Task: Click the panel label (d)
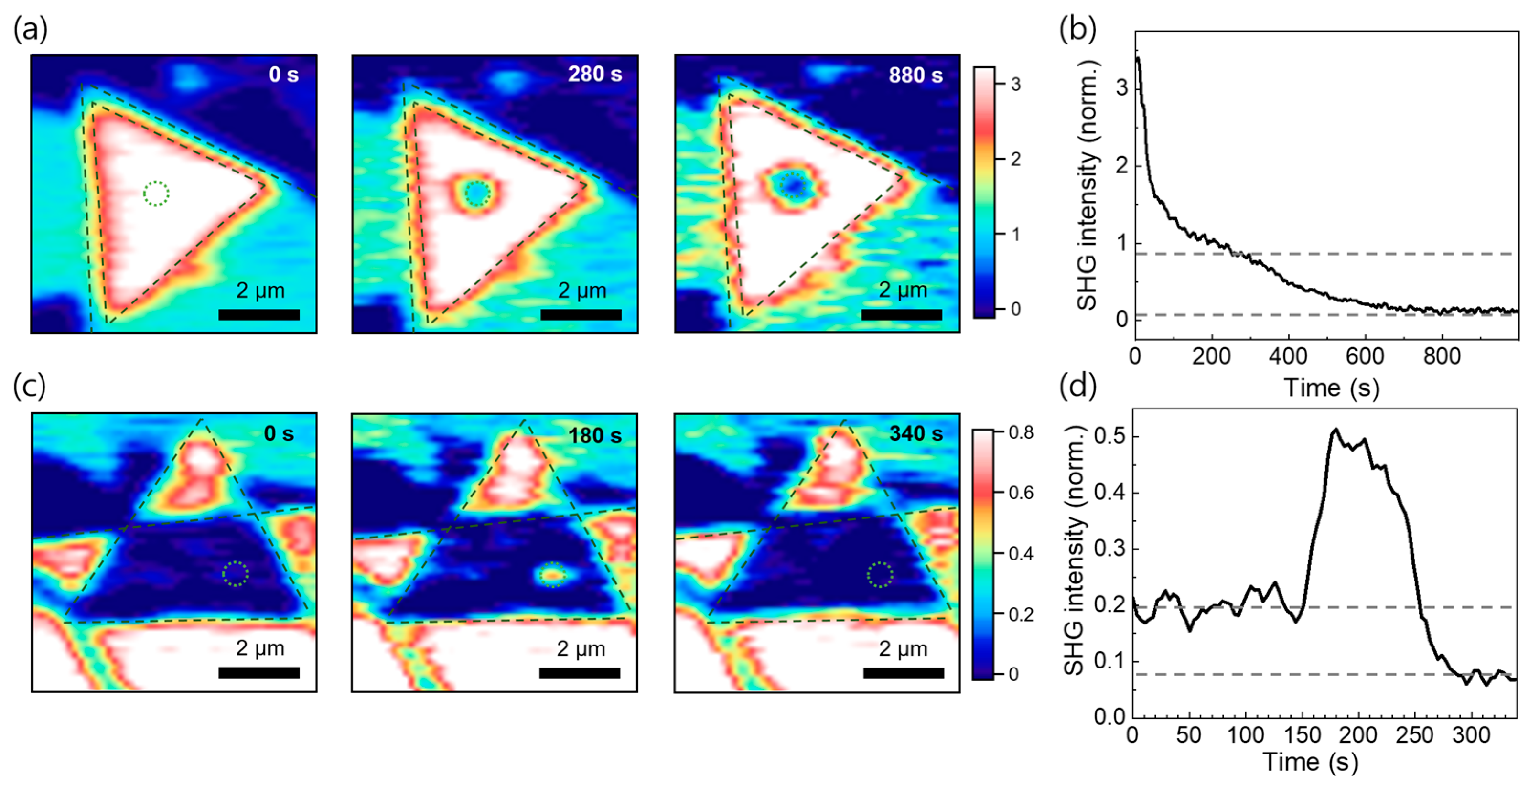coord(1078,387)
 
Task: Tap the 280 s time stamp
coord(595,74)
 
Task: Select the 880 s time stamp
coord(915,75)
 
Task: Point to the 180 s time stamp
coord(595,436)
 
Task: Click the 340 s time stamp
coord(916,434)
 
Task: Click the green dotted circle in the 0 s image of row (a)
coord(156,194)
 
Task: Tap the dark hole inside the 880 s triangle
coord(793,186)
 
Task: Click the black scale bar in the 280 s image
coord(581,314)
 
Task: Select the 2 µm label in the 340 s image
coord(903,649)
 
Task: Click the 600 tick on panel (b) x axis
coord(1365,356)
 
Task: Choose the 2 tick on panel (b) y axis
coord(1121,166)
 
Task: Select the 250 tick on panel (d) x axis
coord(1414,735)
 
